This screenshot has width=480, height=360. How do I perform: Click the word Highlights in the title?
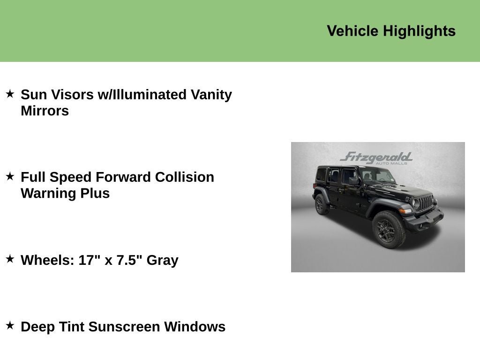tap(419, 31)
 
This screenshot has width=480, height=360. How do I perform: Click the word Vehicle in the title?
tap(352, 31)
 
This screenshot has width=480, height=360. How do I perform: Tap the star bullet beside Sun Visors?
tap(10, 94)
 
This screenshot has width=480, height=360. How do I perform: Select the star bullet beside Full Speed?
tap(10, 176)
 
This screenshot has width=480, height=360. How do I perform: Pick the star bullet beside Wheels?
tap(10, 259)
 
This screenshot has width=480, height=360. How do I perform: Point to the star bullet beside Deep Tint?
tap(10, 325)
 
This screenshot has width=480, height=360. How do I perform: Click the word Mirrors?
tap(45, 111)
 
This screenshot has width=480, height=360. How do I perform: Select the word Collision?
tap(184, 177)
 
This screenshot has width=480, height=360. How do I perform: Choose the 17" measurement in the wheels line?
tap(89, 260)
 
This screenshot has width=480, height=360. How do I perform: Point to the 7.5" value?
tap(129, 260)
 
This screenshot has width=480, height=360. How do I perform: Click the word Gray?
tap(162, 260)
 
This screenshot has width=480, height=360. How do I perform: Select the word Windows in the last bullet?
tap(195, 327)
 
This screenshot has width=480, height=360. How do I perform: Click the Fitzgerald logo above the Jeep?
tap(376, 157)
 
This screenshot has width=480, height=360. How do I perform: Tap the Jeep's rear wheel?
tap(322, 205)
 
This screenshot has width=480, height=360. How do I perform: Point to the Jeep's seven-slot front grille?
tap(425, 203)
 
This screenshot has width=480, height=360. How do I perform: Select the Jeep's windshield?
tap(377, 176)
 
